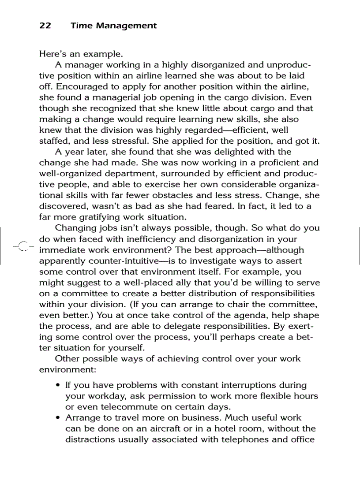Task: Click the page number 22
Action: pos(45,26)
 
